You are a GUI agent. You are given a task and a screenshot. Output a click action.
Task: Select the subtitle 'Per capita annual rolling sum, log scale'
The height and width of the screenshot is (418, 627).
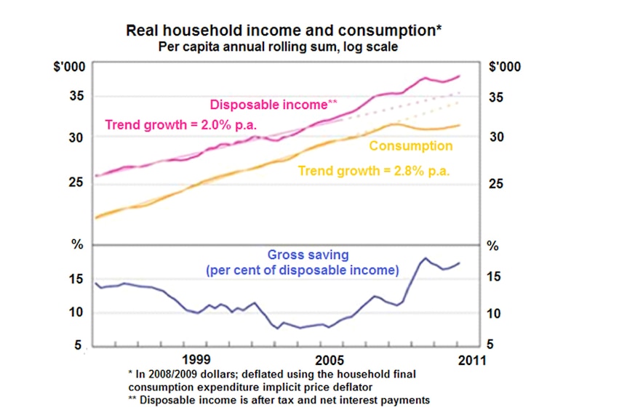(278, 47)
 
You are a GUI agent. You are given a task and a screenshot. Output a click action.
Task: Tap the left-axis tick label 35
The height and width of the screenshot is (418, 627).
(76, 96)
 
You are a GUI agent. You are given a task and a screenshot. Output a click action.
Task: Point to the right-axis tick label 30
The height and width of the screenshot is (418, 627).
(497, 137)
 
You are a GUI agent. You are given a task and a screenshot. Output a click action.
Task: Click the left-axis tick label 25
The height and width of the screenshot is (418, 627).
(76, 182)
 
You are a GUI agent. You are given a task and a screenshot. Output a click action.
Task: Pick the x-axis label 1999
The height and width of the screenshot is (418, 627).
(196, 359)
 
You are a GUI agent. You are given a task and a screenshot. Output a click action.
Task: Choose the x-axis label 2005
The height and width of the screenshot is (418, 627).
(330, 360)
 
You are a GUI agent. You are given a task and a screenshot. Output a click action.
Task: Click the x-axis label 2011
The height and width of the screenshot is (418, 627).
(472, 361)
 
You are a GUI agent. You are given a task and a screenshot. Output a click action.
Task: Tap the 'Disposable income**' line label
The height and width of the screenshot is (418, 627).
(273, 105)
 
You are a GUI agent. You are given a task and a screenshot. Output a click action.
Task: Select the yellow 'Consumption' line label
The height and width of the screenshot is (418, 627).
(411, 146)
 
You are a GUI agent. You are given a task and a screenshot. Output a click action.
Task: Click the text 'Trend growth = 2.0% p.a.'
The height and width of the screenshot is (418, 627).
(180, 125)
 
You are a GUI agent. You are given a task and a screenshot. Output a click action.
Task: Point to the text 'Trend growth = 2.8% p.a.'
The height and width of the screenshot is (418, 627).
(374, 171)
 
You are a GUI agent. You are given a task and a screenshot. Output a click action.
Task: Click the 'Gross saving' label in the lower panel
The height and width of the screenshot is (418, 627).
(308, 254)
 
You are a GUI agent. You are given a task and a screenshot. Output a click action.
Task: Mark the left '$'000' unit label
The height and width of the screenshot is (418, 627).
(69, 66)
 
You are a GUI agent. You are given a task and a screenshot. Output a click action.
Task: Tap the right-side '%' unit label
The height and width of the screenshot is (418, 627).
(492, 246)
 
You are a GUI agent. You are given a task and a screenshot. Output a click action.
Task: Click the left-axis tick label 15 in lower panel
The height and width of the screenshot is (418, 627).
(76, 279)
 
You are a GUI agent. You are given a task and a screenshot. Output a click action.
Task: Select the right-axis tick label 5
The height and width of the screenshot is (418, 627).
(490, 345)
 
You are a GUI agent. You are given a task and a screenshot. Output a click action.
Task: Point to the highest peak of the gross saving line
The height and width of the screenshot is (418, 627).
(425, 258)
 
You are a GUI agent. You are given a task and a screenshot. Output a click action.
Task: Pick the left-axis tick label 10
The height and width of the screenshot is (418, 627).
(76, 312)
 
